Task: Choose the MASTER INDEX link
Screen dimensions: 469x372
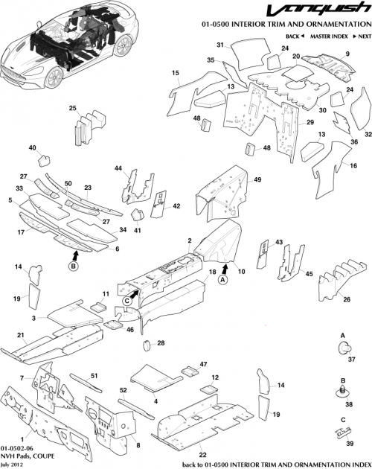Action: pos(327,36)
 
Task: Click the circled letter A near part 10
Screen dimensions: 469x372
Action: pos(222,280)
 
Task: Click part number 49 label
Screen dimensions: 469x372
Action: pos(257,180)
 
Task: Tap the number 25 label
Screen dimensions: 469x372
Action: pos(73,109)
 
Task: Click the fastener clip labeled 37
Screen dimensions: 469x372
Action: pos(343,348)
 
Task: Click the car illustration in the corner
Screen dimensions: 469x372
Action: pos(62,46)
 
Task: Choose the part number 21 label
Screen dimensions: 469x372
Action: pos(21,335)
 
